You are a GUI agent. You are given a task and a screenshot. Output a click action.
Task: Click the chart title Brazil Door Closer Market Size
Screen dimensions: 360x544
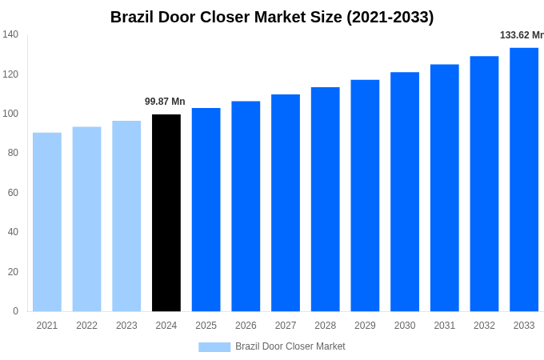(x=272, y=17)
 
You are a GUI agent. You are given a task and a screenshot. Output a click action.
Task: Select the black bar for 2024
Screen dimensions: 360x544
(x=166, y=213)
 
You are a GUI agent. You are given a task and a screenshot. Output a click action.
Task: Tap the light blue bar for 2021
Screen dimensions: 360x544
(x=47, y=222)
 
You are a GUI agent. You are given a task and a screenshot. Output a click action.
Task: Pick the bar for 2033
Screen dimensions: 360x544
(x=524, y=179)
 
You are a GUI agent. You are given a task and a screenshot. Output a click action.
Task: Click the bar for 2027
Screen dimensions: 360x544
(x=286, y=202)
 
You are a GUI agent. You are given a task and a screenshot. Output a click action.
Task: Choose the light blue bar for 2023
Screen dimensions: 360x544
(x=126, y=216)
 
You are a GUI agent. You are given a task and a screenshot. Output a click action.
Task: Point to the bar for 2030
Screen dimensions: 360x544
(x=405, y=192)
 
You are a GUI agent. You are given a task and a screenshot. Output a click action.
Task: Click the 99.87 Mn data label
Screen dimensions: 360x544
(x=165, y=102)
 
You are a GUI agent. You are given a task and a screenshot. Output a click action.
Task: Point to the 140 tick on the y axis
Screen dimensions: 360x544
(x=10, y=34)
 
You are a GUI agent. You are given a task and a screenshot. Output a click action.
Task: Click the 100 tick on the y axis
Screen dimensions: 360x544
(x=10, y=114)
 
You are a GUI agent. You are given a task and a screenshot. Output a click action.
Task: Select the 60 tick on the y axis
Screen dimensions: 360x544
(x=13, y=193)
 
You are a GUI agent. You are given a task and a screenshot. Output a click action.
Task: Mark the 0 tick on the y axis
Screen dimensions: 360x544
(x=15, y=311)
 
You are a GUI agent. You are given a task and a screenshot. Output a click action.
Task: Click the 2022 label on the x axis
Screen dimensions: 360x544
(x=86, y=326)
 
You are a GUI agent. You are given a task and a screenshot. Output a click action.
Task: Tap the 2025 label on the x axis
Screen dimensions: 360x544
(x=206, y=326)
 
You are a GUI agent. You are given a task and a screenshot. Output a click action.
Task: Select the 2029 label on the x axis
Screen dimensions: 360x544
(x=365, y=326)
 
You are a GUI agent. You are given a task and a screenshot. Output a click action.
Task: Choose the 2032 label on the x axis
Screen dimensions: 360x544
(x=484, y=326)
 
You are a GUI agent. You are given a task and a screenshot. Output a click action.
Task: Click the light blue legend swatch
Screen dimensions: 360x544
(x=214, y=347)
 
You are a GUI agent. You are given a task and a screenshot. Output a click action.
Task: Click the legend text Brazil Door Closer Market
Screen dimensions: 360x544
(x=290, y=346)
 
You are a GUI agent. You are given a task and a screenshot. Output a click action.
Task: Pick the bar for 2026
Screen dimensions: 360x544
(x=246, y=206)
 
